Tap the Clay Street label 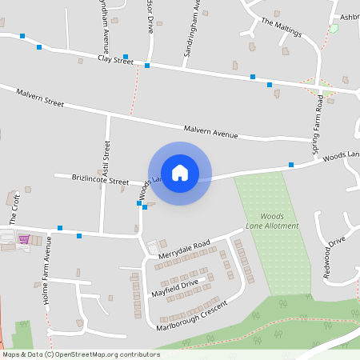115,60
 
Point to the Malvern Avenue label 210,131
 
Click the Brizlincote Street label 100,181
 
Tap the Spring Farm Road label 318,126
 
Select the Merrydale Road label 183,249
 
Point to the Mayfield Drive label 174,289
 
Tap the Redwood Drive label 334,255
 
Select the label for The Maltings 281,27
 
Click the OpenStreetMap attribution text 80,354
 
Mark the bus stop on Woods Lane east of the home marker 291,165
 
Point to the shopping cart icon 23,238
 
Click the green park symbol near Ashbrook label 334,28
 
